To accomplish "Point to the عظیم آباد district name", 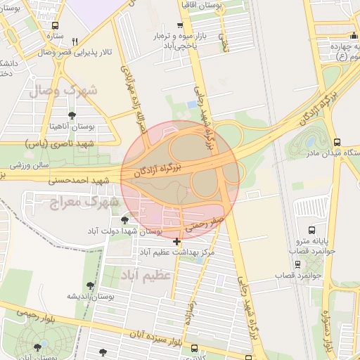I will (x=145, y=273).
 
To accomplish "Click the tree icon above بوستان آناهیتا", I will (x=72, y=115).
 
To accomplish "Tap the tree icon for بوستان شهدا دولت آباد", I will (x=124, y=220).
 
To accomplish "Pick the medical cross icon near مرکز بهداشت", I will (x=176, y=242).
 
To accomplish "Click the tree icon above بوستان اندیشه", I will (x=90, y=285).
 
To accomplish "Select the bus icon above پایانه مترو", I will (x=312, y=230).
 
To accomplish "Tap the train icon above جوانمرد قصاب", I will (x=298, y=265).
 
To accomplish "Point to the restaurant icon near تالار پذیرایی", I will (x=75, y=41).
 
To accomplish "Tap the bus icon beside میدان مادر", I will (x=337, y=142).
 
